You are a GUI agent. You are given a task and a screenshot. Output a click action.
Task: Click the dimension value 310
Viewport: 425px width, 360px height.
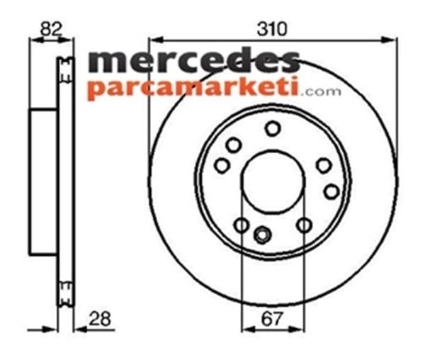point(272,29)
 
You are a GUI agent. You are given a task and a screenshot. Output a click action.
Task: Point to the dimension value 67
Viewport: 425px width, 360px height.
point(273,319)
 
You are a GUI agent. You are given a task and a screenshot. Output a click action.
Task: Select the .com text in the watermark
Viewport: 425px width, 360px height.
point(322,91)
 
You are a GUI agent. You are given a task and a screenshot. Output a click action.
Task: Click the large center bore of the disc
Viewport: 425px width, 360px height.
point(272,182)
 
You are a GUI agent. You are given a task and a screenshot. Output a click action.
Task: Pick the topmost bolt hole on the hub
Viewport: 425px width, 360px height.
point(273,128)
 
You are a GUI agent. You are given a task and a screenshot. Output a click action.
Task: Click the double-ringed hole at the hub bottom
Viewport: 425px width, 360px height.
point(263,232)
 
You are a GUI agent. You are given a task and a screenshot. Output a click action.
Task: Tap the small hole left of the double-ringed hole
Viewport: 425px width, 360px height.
point(241,225)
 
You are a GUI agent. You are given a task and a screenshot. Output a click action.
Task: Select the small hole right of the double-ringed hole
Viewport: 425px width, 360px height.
point(304,225)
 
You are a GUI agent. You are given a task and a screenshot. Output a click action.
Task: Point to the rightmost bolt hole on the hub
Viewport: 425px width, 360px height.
point(331,191)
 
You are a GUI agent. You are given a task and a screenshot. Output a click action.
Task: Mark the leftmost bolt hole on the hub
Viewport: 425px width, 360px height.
point(222,165)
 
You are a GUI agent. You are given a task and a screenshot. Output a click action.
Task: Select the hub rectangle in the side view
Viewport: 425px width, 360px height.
point(43,182)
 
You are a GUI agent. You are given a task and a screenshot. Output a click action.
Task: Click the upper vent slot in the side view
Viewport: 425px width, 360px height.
point(66,68)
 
